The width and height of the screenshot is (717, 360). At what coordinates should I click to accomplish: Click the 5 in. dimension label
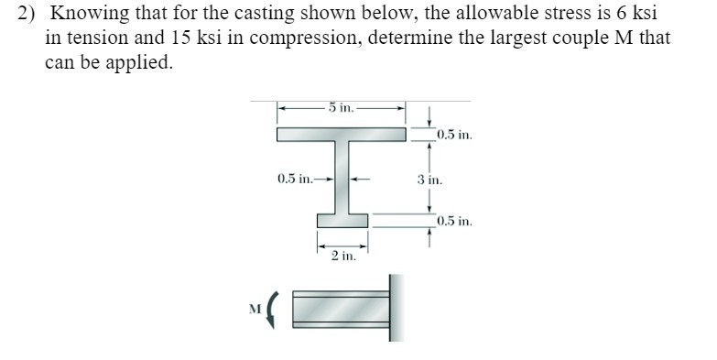pyautogui.click(x=342, y=107)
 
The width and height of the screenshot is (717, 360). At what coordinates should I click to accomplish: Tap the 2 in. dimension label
pyautogui.click(x=342, y=256)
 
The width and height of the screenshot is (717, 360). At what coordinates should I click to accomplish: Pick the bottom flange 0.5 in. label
pyautogui.click(x=454, y=221)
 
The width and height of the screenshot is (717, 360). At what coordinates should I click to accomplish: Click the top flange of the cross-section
pyautogui.click(x=342, y=135)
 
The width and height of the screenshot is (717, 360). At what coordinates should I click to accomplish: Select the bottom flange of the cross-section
pyautogui.click(x=342, y=220)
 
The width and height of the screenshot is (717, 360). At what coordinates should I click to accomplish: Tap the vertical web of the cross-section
pyautogui.click(x=342, y=178)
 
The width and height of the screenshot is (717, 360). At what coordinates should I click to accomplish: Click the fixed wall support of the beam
pyautogui.click(x=396, y=308)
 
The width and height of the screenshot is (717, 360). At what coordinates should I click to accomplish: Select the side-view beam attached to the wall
pyautogui.click(x=341, y=309)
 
